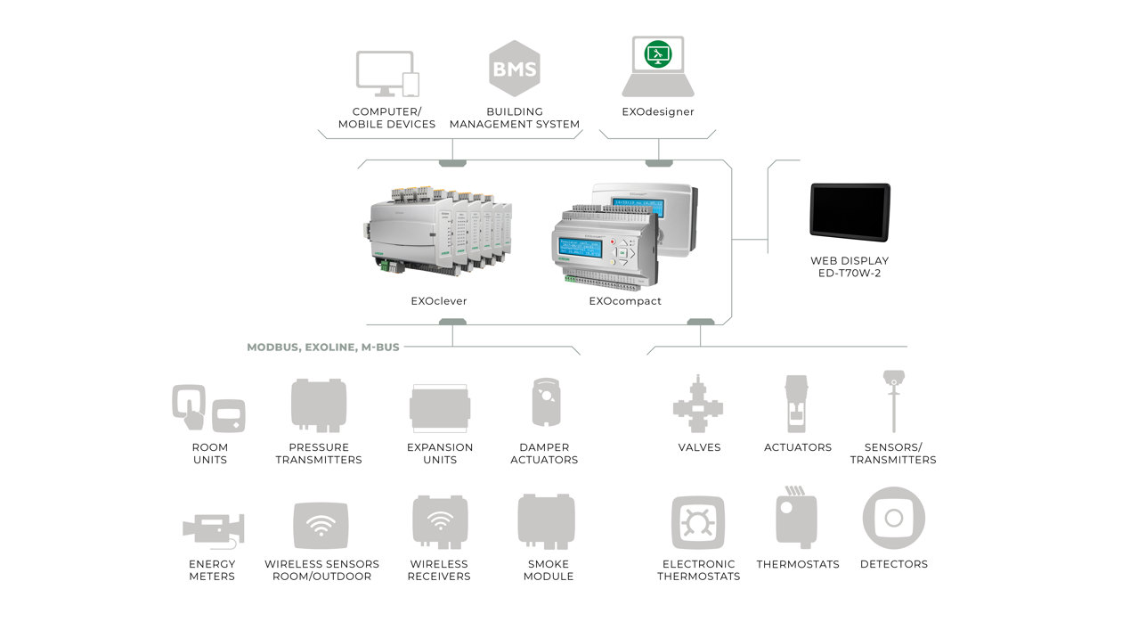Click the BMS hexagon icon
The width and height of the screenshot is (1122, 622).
tap(515, 68)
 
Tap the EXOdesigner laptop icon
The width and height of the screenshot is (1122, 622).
tap(658, 67)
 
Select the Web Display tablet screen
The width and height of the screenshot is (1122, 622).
tap(850, 212)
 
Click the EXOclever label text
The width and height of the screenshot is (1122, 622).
tap(439, 301)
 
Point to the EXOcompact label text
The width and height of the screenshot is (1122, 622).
tap(625, 301)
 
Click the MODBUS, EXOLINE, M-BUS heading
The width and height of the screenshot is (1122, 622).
tap(323, 348)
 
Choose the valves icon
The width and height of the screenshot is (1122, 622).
tap(699, 409)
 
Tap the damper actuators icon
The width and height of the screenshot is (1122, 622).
tap(544, 404)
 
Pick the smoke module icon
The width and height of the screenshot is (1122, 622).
tap(546, 522)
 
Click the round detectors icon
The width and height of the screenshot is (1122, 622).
tap(893, 518)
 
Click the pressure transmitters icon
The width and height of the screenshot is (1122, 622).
tap(319, 405)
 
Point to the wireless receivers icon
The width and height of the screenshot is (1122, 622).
tap(439, 522)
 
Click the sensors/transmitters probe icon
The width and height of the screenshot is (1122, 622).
tap(892, 401)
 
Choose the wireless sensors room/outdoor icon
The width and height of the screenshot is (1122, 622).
tap(321, 526)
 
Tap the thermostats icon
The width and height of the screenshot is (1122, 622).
tap(795, 517)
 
